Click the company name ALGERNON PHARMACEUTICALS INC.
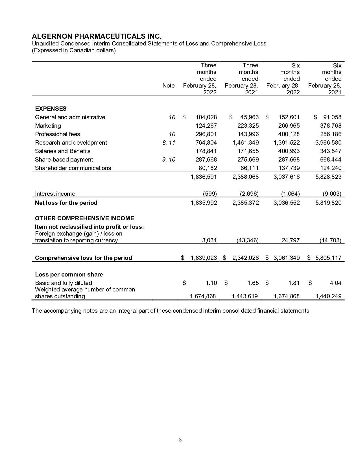[x=97, y=36]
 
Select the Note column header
[x=169, y=86]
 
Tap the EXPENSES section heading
[x=51, y=109]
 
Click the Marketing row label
[x=48, y=126]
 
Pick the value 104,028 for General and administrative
[x=206, y=117]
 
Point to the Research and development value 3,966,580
[x=328, y=143]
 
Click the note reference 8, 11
[x=169, y=143]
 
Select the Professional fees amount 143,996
[x=246, y=134]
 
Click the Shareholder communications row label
[x=73, y=168]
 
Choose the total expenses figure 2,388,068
[x=246, y=177]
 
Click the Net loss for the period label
[x=66, y=203]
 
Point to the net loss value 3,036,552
[x=287, y=203]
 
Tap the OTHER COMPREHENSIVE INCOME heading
[x=84, y=218]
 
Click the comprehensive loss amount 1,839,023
[x=204, y=258]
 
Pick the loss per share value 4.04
[x=335, y=283]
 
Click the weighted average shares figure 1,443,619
[x=245, y=296]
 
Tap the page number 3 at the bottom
[x=180, y=439]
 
